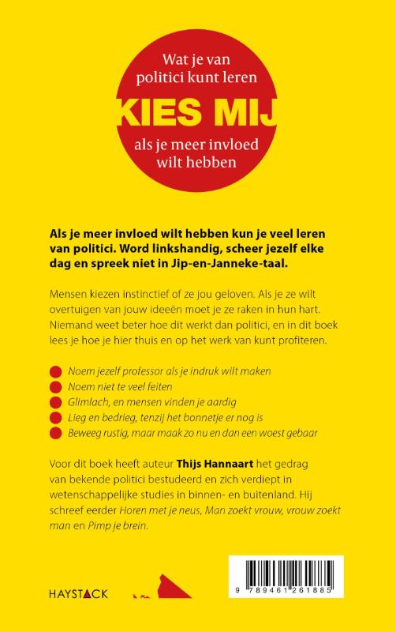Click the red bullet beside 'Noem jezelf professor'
click(x=54, y=371)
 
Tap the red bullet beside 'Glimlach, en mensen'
click(x=54, y=402)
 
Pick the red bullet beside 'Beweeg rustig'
click(x=54, y=434)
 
